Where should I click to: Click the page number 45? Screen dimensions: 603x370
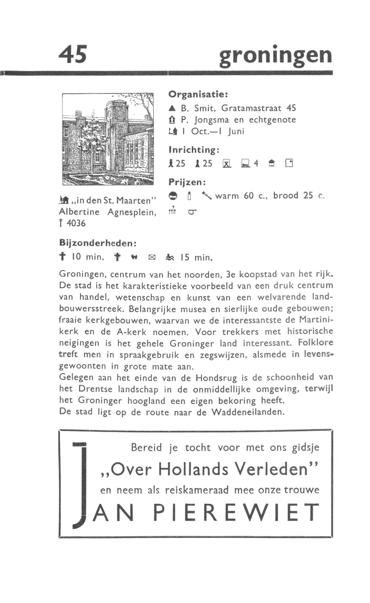coord(73,55)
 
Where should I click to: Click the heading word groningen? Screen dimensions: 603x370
coord(275,56)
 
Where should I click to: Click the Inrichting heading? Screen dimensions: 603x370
coord(194,150)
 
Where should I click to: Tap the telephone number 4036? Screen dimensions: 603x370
coord(76,224)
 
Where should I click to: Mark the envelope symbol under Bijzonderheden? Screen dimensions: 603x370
coord(151,258)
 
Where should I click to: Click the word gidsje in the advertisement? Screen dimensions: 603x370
coord(305,448)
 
